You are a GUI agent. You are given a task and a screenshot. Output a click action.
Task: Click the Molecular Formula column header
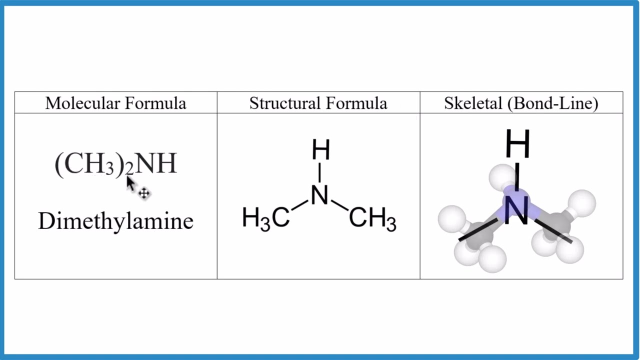(x=115, y=103)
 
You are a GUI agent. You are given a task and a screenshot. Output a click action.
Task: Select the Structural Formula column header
(x=318, y=103)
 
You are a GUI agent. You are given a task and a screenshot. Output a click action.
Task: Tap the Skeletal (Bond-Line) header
(x=521, y=103)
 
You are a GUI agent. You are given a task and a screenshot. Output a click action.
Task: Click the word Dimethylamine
(x=115, y=221)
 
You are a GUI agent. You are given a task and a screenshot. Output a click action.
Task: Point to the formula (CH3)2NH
(x=115, y=164)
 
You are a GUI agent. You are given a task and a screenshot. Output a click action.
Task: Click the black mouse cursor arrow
(x=130, y=183)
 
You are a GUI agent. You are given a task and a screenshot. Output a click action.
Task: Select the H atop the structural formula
(x=320, y=150)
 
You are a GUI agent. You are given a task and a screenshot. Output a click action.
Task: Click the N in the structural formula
(x=319, y=195)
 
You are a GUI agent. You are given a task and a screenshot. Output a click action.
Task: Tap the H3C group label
(x=265, y=218)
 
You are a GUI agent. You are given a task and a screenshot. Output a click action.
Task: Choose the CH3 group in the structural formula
(x=372, y=218)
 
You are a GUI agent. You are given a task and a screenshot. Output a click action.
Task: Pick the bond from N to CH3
(x=340, y=204)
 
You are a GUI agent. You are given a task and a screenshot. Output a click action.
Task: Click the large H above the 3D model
(x=517, y=143)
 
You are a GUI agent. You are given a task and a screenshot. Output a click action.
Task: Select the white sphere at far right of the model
(x=582, y=203)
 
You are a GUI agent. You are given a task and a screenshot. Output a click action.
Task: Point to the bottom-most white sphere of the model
(x=492, y=259)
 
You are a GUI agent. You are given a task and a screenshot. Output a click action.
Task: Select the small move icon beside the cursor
(x=144, y=193)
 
